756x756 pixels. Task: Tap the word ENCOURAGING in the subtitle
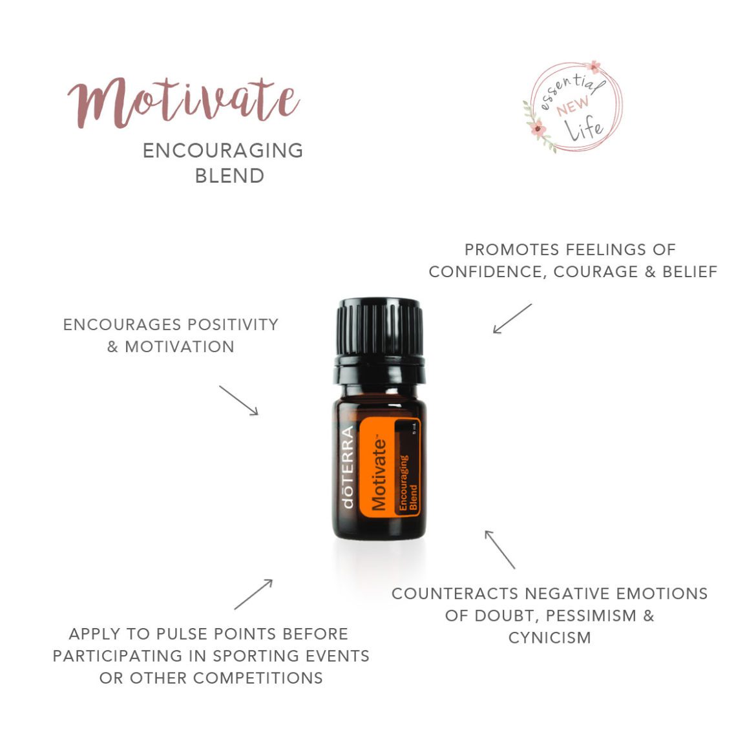pyautogui.click(x=223, y=151)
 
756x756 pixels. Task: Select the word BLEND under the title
pyautogui.click(x=229, y=176)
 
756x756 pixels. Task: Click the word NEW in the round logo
pyautogui.click(x=572, y=105)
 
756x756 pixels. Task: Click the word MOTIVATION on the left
pyautogui.click(x=180, y=347)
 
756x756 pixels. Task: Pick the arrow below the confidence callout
pyautogui.click(x=512, y=319)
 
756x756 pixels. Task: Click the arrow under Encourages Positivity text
pyautogui.click(x=238, y=401)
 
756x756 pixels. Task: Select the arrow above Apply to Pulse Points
pyautogui.click(x=253, y=594)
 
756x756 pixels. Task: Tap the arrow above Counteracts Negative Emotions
pyautogui.click(x=499, y=549)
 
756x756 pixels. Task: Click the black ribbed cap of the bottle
pyautogui.click(x=379, y=327)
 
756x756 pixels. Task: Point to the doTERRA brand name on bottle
pyautogui.click(x=348, y=467)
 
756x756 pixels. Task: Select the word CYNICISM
pyautogui.click(x=549, y=638)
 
